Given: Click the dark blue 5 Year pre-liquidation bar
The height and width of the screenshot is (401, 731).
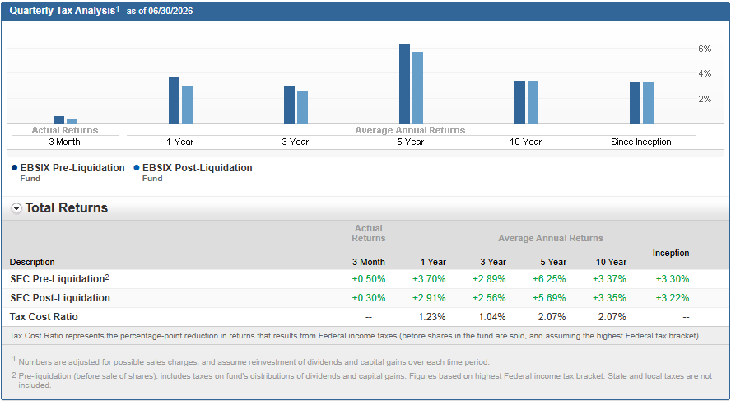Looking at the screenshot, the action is (404, 84).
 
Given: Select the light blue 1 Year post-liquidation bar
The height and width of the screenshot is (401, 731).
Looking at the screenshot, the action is (187, 105).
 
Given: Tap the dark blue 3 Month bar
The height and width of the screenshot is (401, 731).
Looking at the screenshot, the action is (58, 120).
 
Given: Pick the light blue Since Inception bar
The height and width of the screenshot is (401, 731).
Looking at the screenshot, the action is (648, 103).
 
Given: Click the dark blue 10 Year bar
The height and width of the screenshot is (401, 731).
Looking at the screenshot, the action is (519, 102).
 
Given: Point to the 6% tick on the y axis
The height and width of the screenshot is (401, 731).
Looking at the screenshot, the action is (705, 49).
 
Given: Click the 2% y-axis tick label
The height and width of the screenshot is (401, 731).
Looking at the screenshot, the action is (705, 99).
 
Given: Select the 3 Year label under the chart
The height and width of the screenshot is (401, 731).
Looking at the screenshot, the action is (295, 142).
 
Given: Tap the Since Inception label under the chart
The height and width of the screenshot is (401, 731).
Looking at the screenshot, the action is (641, 142).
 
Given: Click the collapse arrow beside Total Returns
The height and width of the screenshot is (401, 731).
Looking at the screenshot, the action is (16, 209).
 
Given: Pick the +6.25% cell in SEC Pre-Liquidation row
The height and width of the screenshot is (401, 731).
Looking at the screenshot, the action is (549, 279).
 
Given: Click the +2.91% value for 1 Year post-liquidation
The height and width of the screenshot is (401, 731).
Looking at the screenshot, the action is (429, 298).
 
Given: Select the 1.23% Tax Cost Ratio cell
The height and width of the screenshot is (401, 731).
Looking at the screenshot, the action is (431, 317).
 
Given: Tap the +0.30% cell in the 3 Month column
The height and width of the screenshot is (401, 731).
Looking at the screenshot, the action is (369, 298).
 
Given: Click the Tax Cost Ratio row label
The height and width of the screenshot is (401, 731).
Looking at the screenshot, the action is (44, 317).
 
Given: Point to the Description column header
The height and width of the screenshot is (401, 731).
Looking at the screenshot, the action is (32, 262).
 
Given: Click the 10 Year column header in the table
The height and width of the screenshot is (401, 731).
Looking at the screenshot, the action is (611, 262).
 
